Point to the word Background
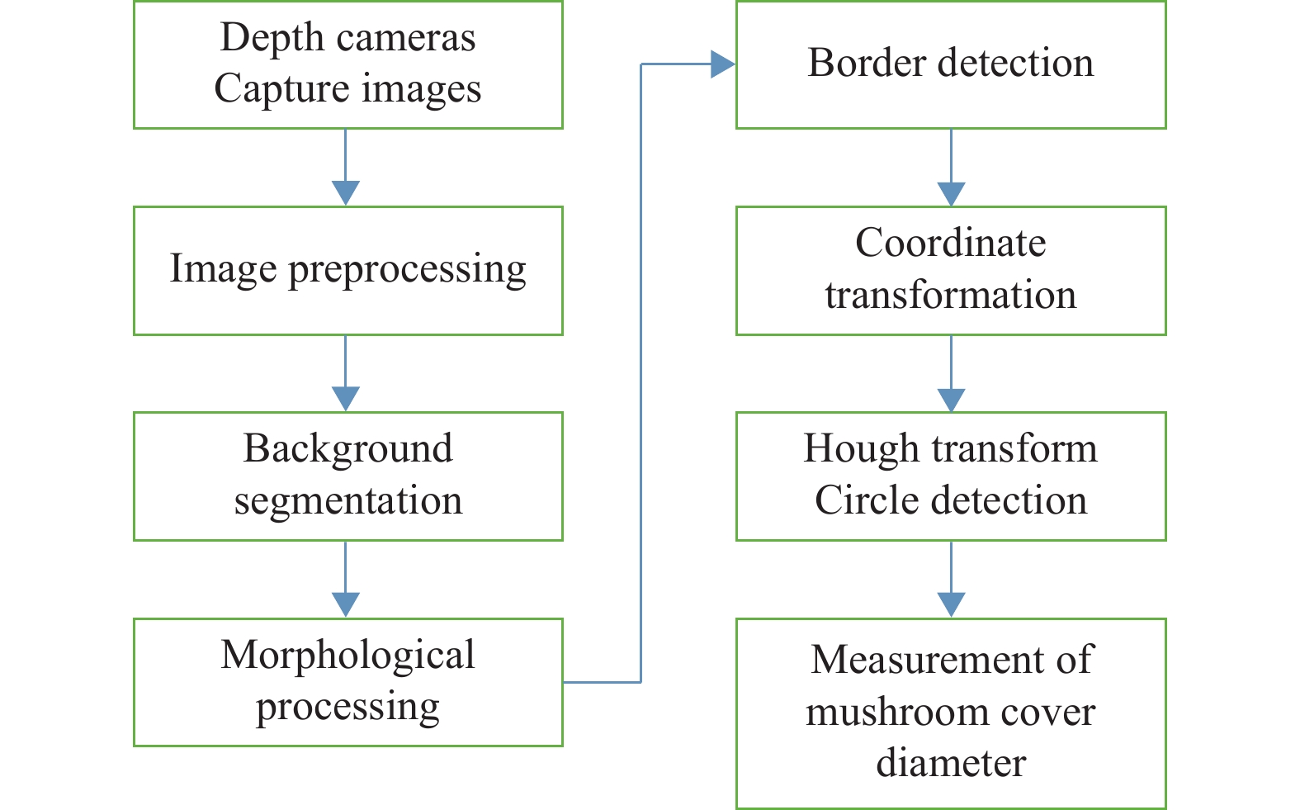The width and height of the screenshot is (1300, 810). [347, 449]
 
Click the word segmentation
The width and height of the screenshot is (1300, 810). [347, 501]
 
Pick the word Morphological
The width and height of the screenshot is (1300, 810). [347, 655]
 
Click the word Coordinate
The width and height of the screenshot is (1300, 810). [950, 244]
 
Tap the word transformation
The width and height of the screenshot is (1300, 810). [950, 296]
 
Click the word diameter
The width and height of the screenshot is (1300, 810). [950, 764]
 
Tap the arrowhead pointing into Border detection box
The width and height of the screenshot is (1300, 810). [723, 64]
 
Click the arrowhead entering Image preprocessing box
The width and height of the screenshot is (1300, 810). [345, 193]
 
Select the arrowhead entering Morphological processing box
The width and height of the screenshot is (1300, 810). [345, 605]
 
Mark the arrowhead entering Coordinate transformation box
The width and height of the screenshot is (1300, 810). [951, 193]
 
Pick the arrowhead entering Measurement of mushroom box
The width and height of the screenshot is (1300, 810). [951, 605]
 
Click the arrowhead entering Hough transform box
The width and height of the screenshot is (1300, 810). [951, 400]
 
